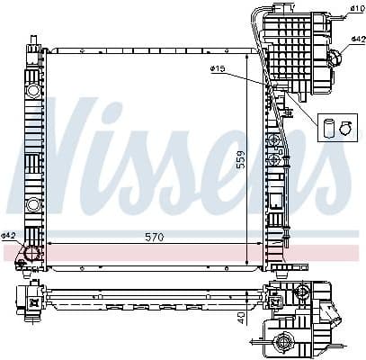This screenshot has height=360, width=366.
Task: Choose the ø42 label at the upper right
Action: pos(356,40)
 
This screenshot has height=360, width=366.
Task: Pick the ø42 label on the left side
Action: pos(8,236)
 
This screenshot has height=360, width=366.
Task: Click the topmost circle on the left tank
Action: pos(33,90)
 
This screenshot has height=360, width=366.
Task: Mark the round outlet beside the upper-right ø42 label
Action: pos(335,58)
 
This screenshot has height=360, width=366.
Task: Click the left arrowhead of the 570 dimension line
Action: pos(49,244)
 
